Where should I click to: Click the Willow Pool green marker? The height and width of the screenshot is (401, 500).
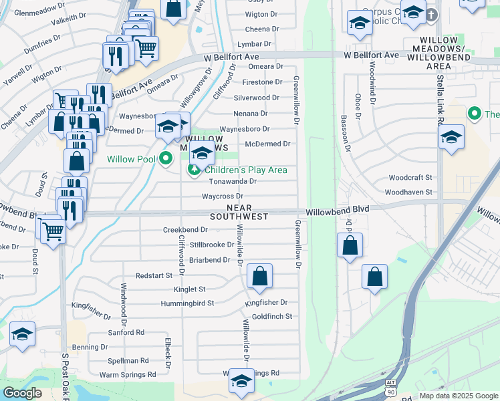[166, 159]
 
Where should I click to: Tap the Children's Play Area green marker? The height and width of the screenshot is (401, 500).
[194, 170]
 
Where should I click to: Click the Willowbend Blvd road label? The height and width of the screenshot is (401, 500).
[338, 210]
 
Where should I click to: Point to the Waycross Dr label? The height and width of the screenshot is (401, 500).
[223, 196]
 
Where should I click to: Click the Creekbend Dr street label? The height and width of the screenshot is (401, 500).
[185, 229]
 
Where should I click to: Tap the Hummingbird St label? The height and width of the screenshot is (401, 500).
[186, 303]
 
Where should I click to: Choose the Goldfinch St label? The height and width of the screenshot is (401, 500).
[272, 316]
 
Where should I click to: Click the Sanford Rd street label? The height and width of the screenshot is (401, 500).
[126, 332]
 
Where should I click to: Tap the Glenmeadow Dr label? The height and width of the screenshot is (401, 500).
[33, 9]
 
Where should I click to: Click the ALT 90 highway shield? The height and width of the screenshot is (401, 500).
[391, 386]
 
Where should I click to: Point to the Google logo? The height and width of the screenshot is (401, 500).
[22, 393]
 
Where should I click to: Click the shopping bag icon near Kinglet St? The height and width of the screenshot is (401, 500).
[259, 275]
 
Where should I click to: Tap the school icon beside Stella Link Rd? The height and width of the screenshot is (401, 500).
[451, 138]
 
